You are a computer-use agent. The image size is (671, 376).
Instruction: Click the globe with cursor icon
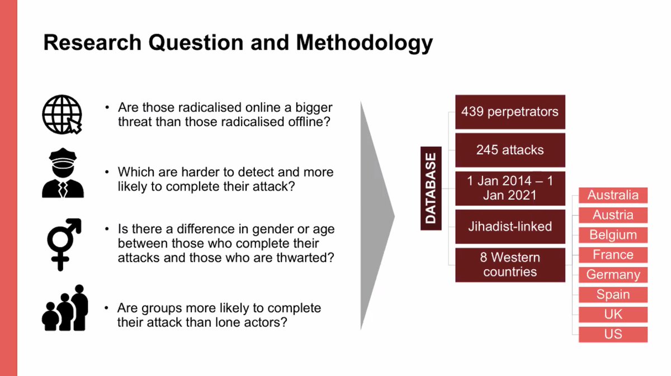[62, 115]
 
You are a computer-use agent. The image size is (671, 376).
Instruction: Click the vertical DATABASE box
[431, 188]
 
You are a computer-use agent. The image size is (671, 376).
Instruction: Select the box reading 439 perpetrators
[509, 112]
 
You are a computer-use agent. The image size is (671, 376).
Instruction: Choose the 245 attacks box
[509, 150]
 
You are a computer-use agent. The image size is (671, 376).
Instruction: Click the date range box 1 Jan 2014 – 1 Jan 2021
[509, 188]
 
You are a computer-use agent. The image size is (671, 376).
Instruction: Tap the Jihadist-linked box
[509, 227]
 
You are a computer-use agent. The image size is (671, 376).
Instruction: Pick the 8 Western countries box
[509, 265]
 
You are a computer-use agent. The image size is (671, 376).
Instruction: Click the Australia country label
[613, 196]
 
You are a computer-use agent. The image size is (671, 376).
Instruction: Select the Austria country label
[613, 215]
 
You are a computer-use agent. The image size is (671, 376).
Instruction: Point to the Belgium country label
[613, 235]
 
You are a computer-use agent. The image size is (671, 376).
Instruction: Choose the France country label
[613, 255]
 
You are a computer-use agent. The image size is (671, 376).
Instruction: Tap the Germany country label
[613, 275]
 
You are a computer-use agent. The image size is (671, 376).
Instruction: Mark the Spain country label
[613, 295]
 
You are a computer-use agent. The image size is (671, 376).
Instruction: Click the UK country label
[613, 315]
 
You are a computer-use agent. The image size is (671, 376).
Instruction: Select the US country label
[613, 335]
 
